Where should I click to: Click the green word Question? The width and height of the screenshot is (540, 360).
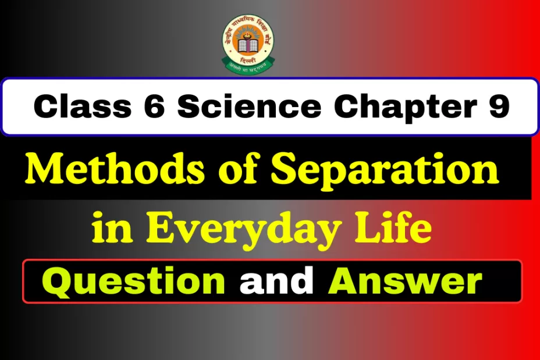click(x=135, y=281)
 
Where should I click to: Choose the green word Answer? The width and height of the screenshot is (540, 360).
click(x=405, y=281)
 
